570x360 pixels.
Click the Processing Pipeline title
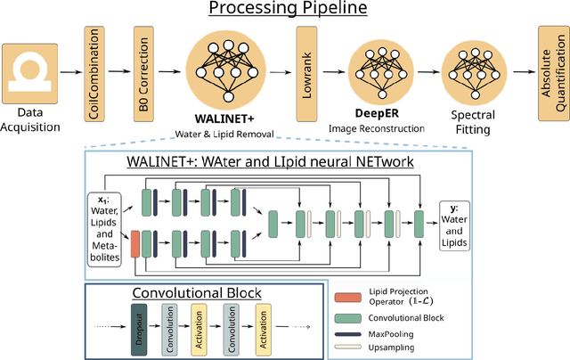286,12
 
